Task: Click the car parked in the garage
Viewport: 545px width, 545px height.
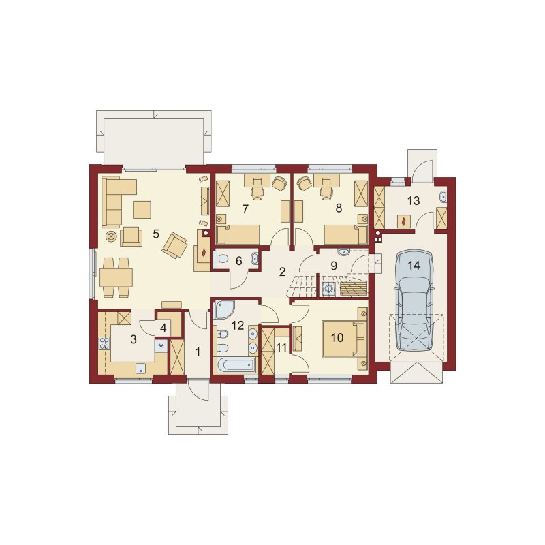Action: [414, 300]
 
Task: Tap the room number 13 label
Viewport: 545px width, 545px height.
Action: [414, 201]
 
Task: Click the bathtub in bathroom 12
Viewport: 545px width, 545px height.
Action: [236, 365]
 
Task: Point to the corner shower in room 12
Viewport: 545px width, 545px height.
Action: [223, 309]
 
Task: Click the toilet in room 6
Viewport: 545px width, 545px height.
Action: [221, 259]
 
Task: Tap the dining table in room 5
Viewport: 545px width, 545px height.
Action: [116, 277]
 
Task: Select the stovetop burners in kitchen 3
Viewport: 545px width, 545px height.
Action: [104, 343]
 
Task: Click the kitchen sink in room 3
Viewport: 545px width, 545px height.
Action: [140, 369]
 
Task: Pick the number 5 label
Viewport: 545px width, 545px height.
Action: [156, 234]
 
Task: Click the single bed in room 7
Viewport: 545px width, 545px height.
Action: [238, 234]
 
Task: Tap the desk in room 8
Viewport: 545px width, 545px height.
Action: [327, 181]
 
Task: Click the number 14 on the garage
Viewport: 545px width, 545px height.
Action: [414, 265]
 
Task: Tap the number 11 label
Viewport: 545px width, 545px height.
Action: [281, 347]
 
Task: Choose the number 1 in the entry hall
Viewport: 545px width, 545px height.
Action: [198, 352]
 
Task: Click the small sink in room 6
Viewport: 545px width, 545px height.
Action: [255, 258]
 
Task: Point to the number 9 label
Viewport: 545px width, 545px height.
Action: [334, 266]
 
